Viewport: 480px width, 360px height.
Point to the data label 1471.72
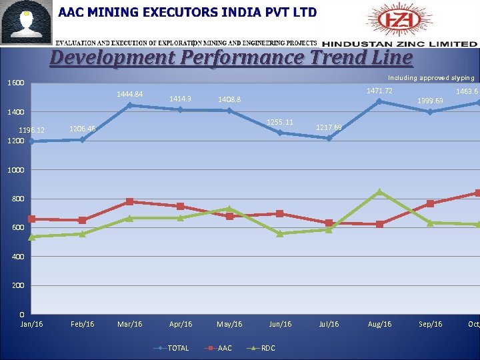(x=379, y=91)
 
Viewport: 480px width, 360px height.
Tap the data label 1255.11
(x=279, y=122)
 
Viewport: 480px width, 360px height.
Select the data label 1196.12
(x=31, y=130)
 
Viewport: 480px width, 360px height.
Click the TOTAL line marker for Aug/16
(x=379, y=101)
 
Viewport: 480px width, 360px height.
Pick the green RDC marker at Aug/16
(x=379, y=192)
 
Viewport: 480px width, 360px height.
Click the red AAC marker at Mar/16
(x=130, y=201)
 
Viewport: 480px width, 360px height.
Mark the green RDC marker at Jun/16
(x=280, y=233)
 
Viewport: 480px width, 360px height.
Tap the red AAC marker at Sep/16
(x=430, y=203)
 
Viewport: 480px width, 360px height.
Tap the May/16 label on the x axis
(x=229, y=324)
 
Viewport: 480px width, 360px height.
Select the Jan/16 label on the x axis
(x=31, y=324)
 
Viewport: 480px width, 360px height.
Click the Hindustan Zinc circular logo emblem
(x=392, y=21)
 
